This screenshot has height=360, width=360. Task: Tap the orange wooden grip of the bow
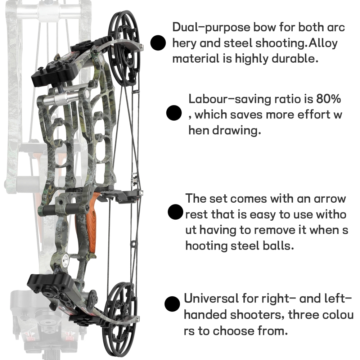point(91,225)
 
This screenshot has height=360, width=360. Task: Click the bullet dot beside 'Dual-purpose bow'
point(158,43)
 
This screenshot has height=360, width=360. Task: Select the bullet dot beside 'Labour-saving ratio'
point(174,113)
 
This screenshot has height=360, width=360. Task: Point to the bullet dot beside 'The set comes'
point(175,212)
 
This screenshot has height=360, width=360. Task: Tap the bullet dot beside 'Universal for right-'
point(172,304)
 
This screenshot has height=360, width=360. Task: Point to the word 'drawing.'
point(237,131)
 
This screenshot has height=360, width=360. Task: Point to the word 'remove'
point(273,230)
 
